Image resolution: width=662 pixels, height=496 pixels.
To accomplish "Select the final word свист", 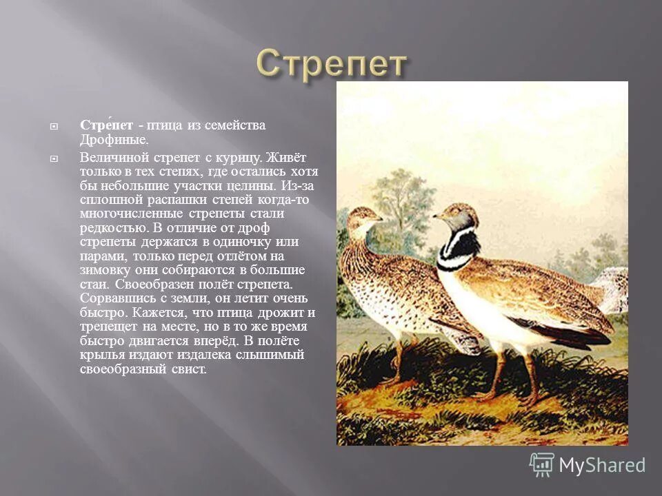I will [x=190, y=369].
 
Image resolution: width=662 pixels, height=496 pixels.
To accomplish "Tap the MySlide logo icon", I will [x=541, y=465].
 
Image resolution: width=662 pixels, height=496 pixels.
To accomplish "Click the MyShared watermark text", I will [x=602, y=466].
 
